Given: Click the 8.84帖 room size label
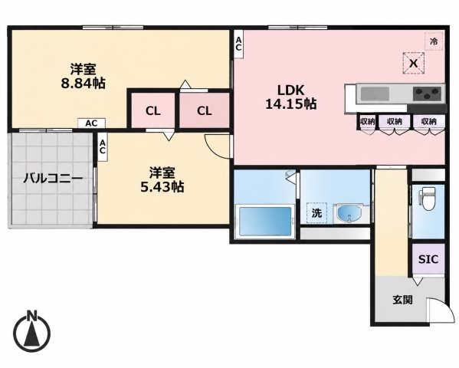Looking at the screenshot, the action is tap(83, 84).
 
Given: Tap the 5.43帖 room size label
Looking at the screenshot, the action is tap(162, 186).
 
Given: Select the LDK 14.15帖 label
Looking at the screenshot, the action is tap(290, 97).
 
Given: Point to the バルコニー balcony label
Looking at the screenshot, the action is tap(53, 178).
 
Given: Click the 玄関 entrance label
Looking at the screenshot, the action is tap(402, 300).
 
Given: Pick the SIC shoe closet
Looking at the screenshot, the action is tap(428, 259).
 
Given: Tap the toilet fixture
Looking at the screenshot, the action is tap(428, 199).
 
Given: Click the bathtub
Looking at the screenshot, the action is tap(265, 222).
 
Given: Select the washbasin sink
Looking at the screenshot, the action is tap(349, 213).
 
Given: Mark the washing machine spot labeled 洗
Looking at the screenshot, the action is tap(316, 213).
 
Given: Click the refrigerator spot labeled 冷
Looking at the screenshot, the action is tap(434, 41).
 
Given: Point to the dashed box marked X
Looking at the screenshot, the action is tap(413, 63).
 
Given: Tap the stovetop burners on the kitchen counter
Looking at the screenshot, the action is tap(427, 94).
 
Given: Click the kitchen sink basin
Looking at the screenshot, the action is tap(375, 94).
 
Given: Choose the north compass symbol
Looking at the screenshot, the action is tap(32, 330).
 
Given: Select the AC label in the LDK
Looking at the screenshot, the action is tap(238, 44).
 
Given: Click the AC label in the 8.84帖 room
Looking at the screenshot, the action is tap(91, 123).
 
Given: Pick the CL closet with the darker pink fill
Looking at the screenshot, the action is tap(204, 110).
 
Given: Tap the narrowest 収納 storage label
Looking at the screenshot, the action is tap(367, 121).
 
